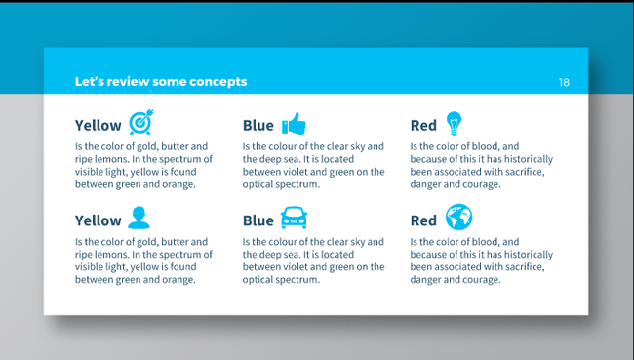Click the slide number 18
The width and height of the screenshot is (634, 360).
pyautogui.click(x=564, y=82)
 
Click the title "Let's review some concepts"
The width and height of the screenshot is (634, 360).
pyautogui.click(x=161, y=82)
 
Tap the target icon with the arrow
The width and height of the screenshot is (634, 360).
pyautogui.click(x=141, y=123)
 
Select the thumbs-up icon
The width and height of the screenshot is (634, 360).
pyautogui.click(x=294, y=124)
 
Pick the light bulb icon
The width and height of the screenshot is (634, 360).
pyautogui.click(x=453, y=123)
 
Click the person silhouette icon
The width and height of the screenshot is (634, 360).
pyautogui.click(x=139, y=218)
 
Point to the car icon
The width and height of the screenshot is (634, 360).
pyautogui.click(x=294, y=218)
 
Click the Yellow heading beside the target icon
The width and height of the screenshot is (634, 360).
pyautogui.click(x=99, y=126)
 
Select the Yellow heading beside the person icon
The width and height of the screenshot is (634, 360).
pyautogui.click(x=99, y=220)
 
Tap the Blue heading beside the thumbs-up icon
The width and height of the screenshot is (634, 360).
pyautogui.click(x=258, y=126)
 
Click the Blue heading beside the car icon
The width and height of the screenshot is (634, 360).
pyautogui.click(x=258, y=220)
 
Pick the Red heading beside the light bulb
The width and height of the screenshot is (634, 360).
pyautogui.click(x=423, y=126)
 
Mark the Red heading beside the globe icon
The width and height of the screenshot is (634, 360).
pyautogui.click(x=423, y=220)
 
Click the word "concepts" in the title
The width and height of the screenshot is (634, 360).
pyautogui.click(x=219, y=82)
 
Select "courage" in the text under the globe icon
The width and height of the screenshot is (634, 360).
pyautogui.click(x=482, y=279)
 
